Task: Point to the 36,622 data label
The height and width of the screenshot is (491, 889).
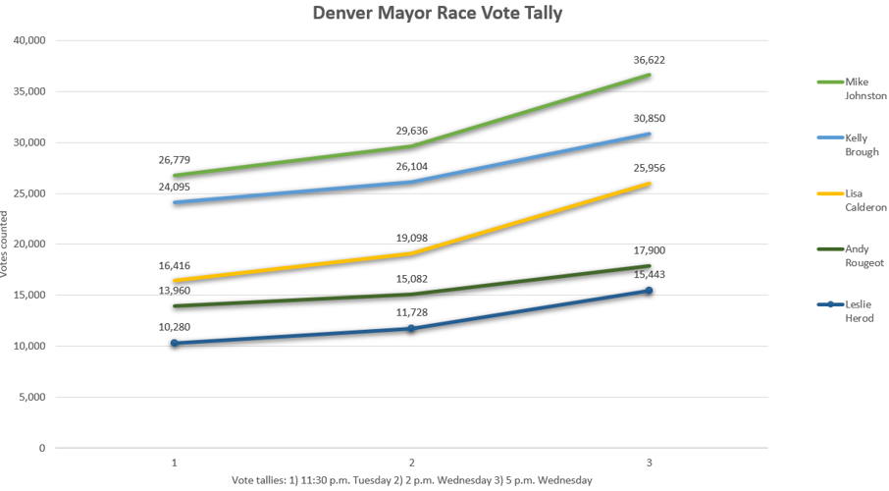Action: (650, 60)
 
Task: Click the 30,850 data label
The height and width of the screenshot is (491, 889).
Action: (650, 118)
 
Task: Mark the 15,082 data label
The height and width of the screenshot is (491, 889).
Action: (411, 278)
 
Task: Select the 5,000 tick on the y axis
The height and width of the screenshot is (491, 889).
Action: (32, 397)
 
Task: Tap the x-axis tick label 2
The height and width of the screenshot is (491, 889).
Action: (411, 462)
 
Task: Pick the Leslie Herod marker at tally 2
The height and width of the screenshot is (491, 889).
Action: (411, 328)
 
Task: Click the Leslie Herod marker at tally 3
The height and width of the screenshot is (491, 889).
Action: (650, 291)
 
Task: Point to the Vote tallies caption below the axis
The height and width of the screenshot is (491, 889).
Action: (411, 479)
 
